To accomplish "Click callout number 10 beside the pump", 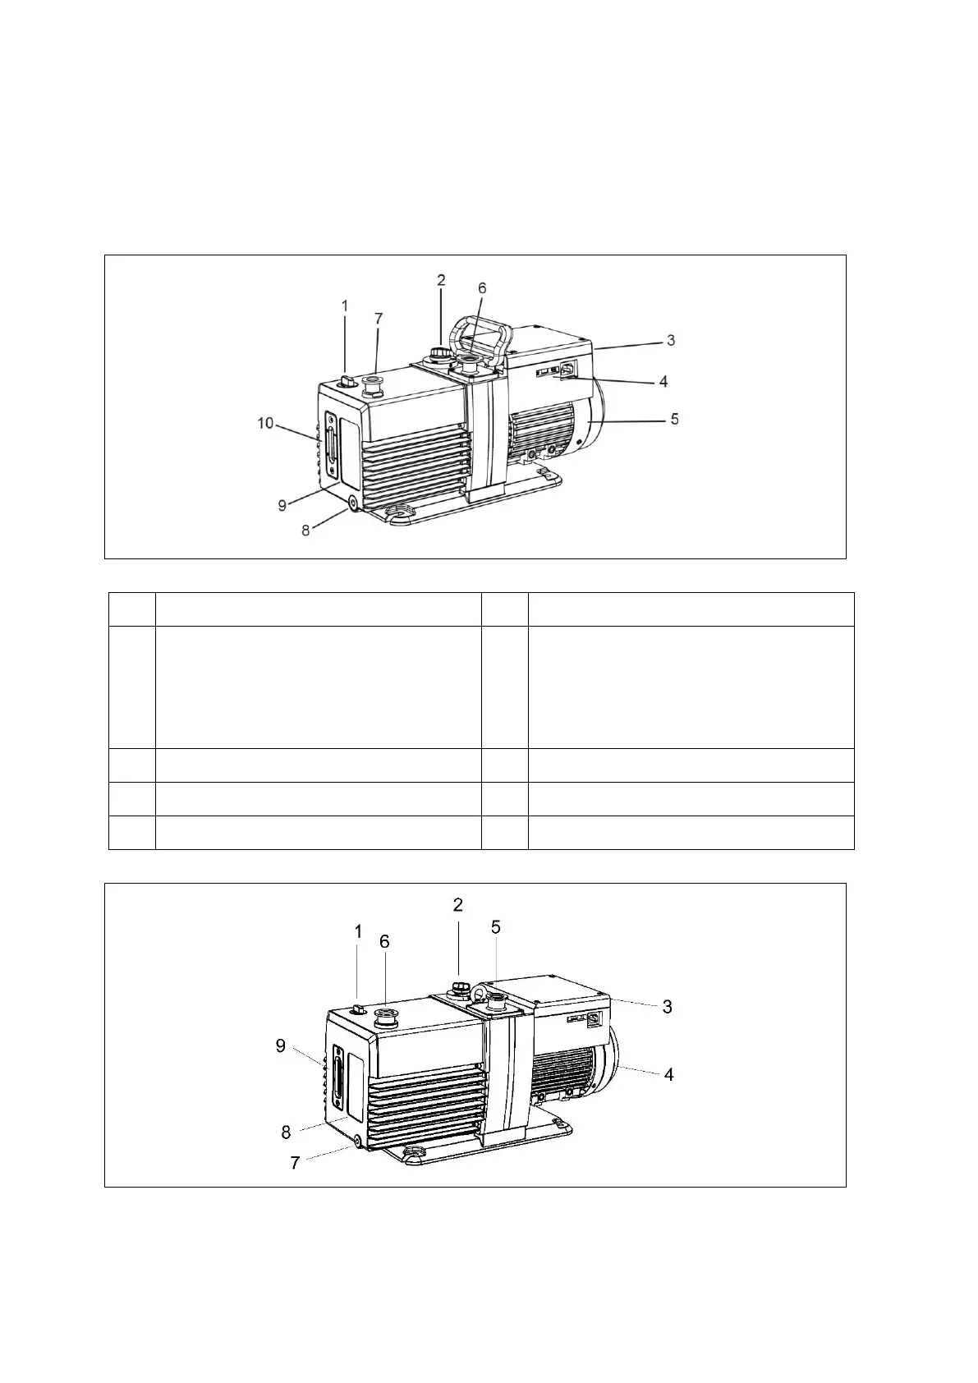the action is (x=264, y=423).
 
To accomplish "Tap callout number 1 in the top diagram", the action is (x=345, y=306).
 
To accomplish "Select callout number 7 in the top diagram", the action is (x=379, y=319).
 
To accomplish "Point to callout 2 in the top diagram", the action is (x=441, y=280).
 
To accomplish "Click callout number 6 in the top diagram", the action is (x=482, y=288).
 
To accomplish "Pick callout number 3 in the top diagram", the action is (x=671, y=340).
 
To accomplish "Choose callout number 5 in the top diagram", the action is (x=674, y=419).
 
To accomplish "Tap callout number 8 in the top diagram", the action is (x=305, y=531).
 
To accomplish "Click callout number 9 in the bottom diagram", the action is (x=281, y=1046).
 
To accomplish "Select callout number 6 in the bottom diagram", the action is (x=384, y=942).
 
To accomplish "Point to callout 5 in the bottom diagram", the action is (x=496, y=927).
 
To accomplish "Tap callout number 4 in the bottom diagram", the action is (x=669, y=1074).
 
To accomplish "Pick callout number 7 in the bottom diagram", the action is (x=295, y=1163).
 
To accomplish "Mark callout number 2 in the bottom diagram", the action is (x=458, y=905).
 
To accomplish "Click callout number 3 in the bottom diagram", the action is (x=668, y=1006).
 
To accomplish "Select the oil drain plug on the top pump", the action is (x=353, y=502).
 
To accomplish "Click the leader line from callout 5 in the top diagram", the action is (x=632, y=420).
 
